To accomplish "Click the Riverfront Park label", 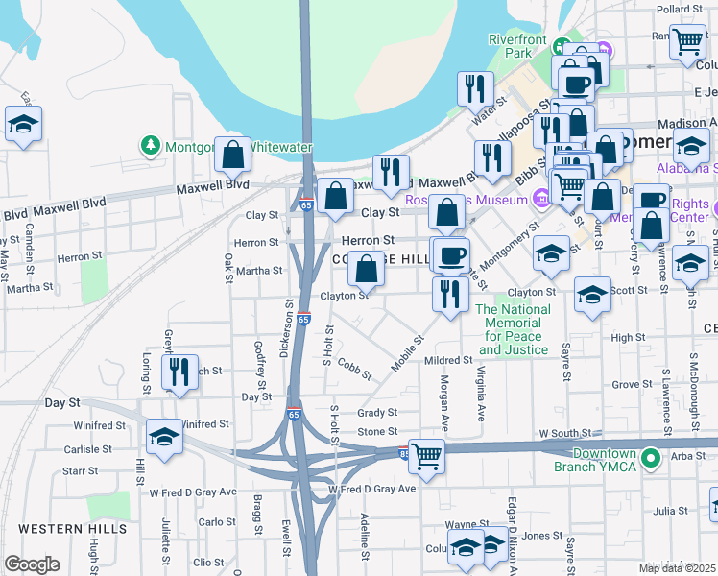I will pos(517,46).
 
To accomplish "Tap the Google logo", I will pos(32,564).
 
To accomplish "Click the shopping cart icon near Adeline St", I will pos(426,456).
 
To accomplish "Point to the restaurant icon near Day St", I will pos(179,371).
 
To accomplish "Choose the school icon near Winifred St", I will pos(164,436).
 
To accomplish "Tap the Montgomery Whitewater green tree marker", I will pos(150,147).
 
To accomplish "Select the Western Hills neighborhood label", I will pos(59,529).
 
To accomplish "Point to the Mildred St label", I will pos(449,361).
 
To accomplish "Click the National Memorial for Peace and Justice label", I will pos(515,329).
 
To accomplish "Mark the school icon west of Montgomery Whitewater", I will pos(23,124).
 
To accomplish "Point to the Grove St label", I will pos(632,385).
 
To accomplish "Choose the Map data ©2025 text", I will pos(677,568).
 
